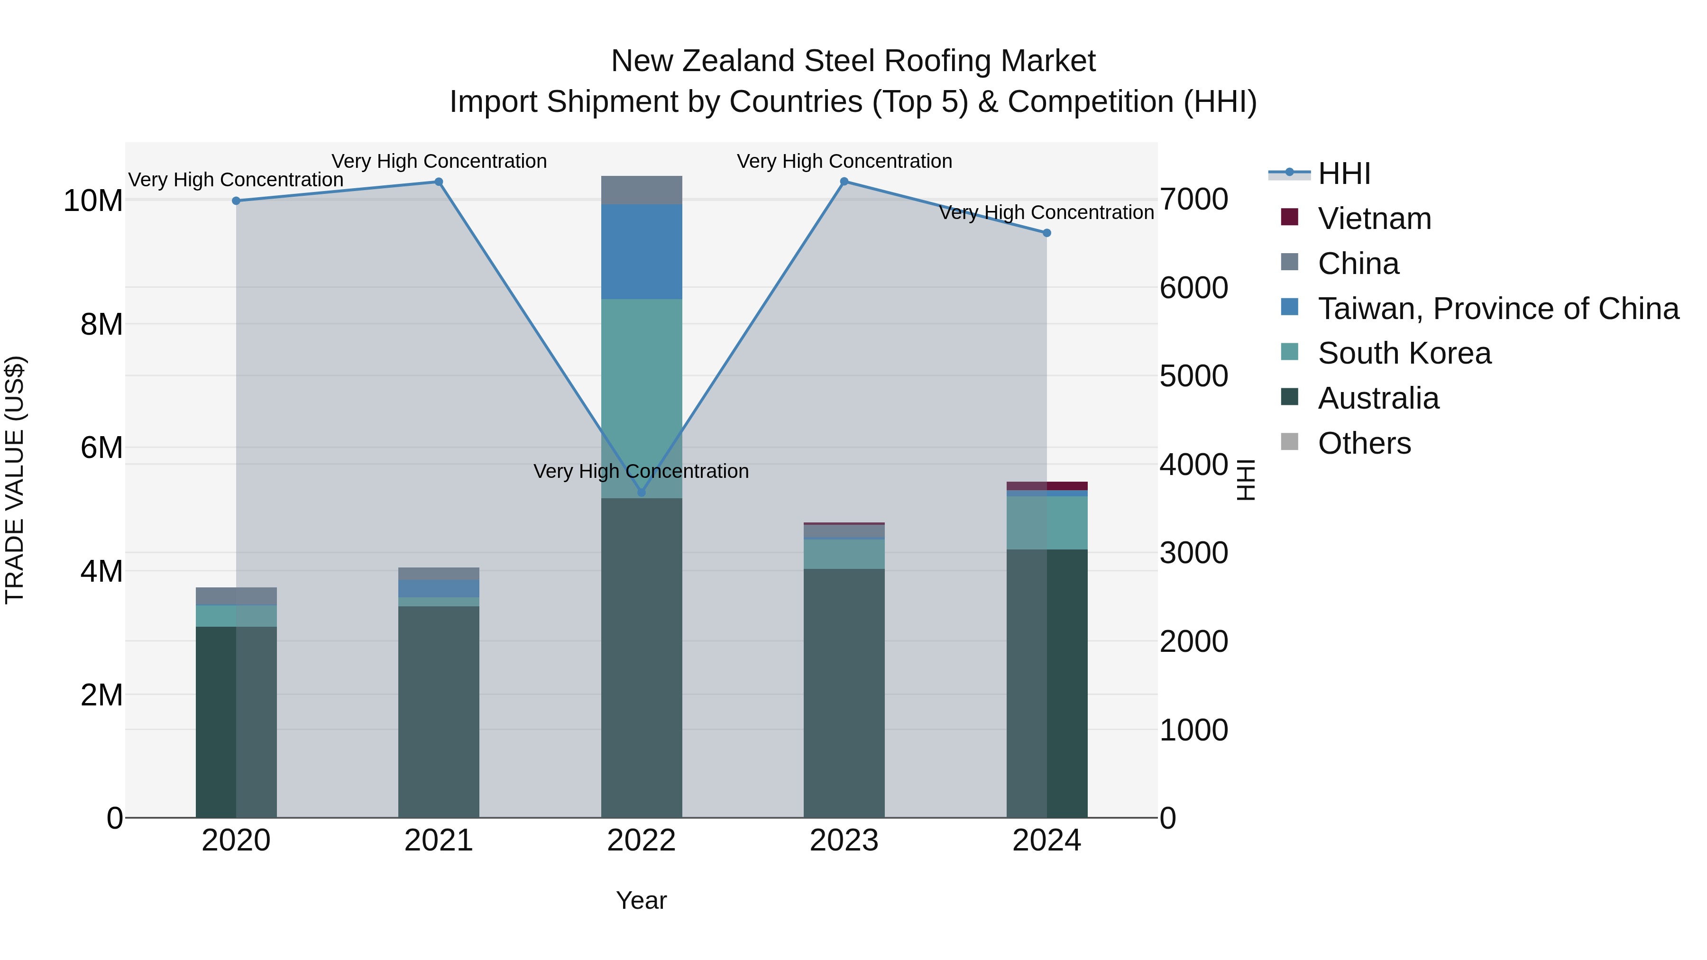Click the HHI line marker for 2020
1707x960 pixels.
(x=236, y=201)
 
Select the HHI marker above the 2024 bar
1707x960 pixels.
(x=1046, y=233)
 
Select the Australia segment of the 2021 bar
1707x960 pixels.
(x=438, y=712)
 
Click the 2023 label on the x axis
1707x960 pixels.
(x=844, y=841)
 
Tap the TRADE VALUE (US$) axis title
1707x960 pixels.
(x=15, y=480)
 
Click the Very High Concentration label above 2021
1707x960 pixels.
(x=439, y=161)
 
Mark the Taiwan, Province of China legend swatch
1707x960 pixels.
(x=1290, y=307)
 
